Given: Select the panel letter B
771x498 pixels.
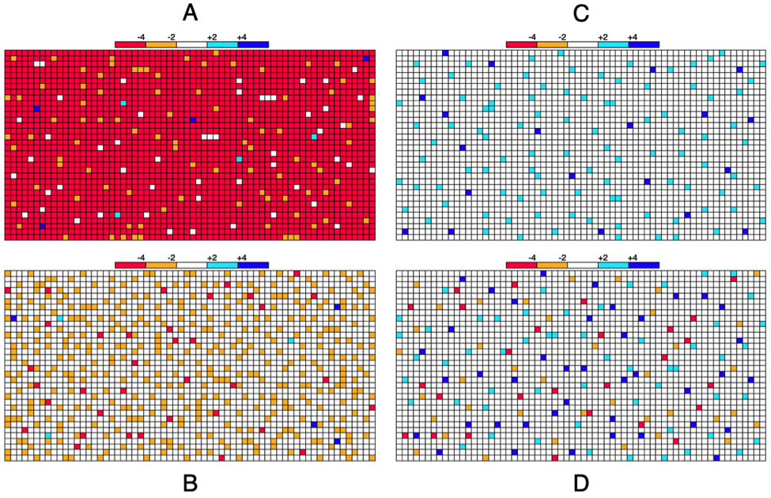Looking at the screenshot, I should (190, 481).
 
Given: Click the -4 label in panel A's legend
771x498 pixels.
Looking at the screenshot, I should (141, 36).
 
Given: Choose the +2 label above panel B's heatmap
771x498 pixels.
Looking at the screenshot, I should (211, 257).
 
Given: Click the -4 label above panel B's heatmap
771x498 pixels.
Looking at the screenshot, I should (141, 257).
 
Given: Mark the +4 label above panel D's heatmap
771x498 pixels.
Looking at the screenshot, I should (632, 257).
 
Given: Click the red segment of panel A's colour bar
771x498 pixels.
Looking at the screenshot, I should (130, 44).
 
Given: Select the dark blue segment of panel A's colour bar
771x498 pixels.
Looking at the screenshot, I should (253, 44).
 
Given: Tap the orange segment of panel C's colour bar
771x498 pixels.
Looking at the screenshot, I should (552, 44).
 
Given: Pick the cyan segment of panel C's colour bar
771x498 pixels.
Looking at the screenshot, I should (613, 44).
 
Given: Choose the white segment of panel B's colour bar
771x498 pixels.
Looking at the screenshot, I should (191, 265).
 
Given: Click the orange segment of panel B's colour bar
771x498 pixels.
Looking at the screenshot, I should (161, 265).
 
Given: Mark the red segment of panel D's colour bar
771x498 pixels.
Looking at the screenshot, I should (521, 265).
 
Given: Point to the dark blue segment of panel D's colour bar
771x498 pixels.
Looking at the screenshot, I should (644, 265).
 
